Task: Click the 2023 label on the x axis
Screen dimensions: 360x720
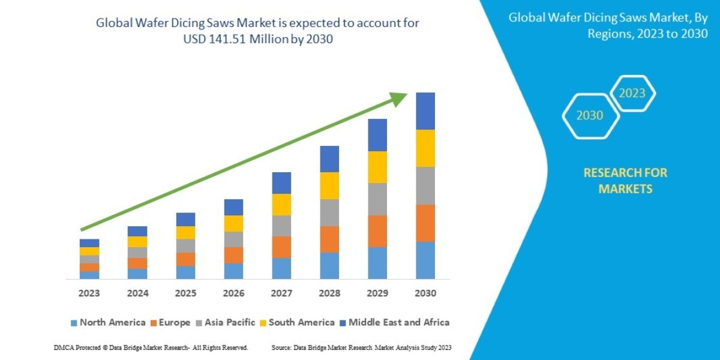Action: [89, 293]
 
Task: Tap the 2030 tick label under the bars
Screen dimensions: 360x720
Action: [425, 293]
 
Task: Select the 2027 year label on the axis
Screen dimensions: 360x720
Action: [281, 293]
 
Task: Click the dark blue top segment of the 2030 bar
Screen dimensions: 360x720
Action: [425, 111]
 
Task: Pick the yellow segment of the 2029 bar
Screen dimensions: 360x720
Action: [377, 167]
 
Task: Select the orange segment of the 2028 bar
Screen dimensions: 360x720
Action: [329, 239]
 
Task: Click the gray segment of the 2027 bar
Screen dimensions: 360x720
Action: [281, 226]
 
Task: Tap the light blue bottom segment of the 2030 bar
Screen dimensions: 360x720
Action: [425, 260]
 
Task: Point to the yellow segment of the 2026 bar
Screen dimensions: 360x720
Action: [233, 223]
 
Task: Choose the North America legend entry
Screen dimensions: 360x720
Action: [108, 322]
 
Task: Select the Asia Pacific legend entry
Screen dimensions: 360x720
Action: [227, 322]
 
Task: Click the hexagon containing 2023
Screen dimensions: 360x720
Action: [632, 93]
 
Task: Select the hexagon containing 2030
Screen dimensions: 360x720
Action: [590, 116]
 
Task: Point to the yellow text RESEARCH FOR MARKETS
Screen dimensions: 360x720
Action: [625, 181]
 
